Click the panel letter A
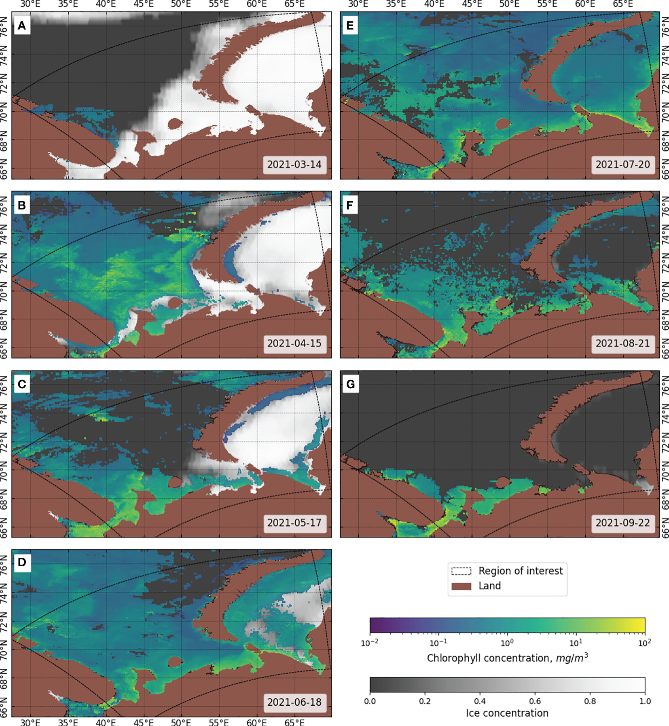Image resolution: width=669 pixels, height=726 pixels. (x=22, y=26)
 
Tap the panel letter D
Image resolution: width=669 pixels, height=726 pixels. (x=22, y=562)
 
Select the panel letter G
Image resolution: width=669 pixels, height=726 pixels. (x=350, y=384)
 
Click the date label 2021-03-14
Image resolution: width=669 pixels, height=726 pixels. (x=294, y=165)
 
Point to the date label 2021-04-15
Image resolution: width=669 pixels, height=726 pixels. (x=294, y=343)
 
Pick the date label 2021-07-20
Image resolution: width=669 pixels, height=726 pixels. (x=623, y=165)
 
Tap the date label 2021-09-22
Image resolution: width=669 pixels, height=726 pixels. (x=623, y=523)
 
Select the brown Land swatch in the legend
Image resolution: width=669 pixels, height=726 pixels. (x=462, y=586)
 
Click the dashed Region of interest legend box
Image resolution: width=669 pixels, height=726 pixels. (x=462, y=571)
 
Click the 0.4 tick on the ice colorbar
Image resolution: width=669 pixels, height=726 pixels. (x=480, y=701)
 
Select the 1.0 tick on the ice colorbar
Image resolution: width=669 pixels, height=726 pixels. (x=645, y=701)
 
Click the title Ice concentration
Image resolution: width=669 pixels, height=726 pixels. (x=507, y=713)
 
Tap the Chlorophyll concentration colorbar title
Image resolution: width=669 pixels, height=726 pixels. (x=507, y=658)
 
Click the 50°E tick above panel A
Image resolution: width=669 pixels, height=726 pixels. (x=181, y=4)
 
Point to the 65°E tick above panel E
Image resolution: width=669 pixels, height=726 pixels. (x=623, y=4)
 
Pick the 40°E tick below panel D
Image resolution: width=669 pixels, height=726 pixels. (x=106, y=722)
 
